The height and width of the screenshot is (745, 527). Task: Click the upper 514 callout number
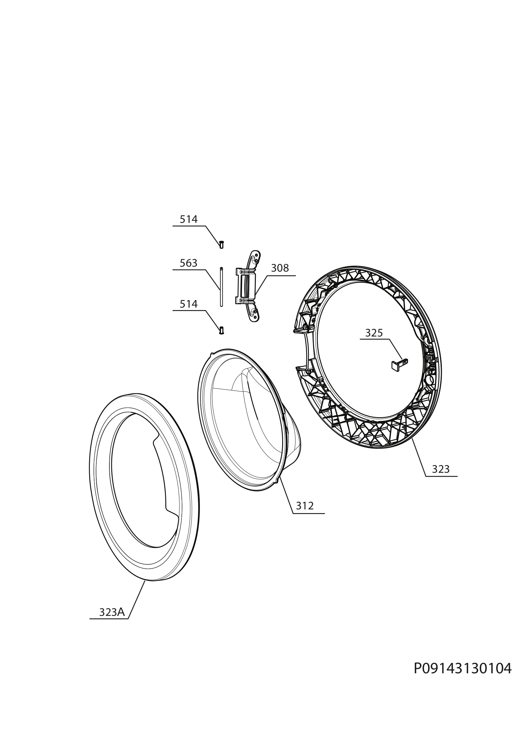tap(189, 220)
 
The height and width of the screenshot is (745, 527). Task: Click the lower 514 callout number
tap(189, 304)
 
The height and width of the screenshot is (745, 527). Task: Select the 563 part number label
tap(189, 263)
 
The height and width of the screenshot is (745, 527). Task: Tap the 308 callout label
tap(280, 268)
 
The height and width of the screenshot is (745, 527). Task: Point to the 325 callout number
tap(374, 333)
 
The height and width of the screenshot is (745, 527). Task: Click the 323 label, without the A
tap(441, 469)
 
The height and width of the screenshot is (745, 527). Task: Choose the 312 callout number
tap(305, 506)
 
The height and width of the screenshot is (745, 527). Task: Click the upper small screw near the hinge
tap(222, 245)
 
